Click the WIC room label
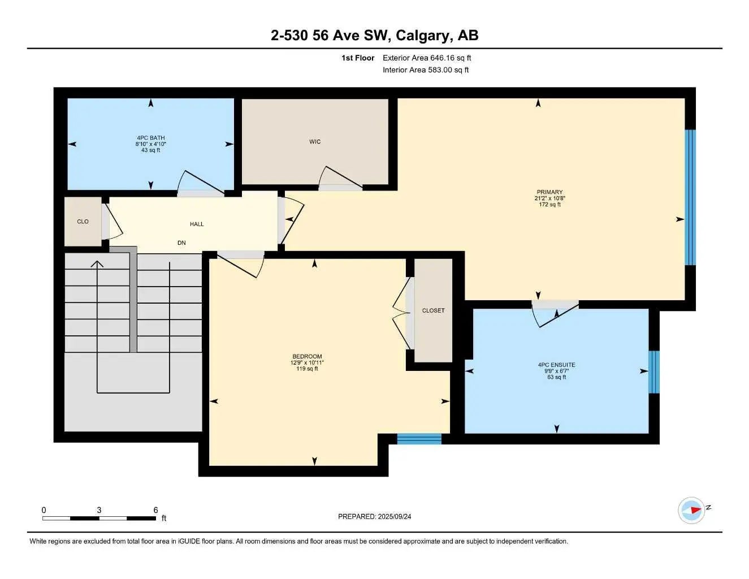point(315,142)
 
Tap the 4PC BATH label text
point(150,138)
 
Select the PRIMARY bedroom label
point(549,192)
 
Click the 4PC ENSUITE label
point(556,365)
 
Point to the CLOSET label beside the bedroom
point(433,310)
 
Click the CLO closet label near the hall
point(83,222)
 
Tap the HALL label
point(197,224)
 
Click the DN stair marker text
point(181,243)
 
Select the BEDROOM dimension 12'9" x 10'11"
point(307,362)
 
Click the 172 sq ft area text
point(549,205)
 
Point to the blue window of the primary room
point(690,197)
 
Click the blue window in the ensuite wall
point(653,372)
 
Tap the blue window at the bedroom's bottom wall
point(419,439)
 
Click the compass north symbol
point(692,510)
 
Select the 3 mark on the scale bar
point(99,510)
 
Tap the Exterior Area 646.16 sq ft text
point(427,58)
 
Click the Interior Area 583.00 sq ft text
point(426,70)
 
